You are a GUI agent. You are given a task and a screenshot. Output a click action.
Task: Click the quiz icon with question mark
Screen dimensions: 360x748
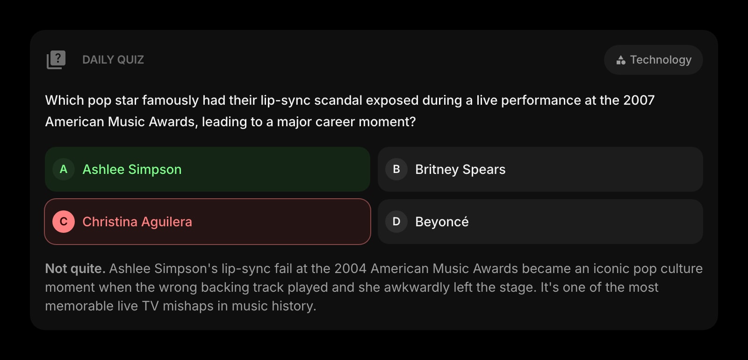coord(56,60)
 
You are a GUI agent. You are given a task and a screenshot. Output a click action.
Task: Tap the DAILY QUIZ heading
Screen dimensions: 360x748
coord(113,60)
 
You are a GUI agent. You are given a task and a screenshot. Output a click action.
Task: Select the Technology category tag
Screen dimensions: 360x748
coord(653,60)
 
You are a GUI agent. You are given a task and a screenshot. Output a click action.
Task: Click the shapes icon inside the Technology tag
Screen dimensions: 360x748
coord(621,60)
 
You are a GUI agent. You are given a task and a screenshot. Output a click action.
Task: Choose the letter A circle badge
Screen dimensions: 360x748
coord(64,169)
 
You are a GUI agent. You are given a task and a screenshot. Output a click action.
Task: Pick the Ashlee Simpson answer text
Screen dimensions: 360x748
coord(132,169)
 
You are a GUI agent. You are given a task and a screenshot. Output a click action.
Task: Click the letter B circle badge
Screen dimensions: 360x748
coord(396,169)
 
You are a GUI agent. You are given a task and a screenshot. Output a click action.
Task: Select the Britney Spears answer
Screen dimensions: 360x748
coord(460,169)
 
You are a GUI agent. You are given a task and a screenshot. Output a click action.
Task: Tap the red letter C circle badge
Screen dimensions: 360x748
coord(64,222)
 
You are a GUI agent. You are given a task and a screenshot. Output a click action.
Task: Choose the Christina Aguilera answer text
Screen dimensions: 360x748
coord(137,222)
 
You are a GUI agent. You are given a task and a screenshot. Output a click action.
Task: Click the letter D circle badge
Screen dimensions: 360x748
coord(396,222)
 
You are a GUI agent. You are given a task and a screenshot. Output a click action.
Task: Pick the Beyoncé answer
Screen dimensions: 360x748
coord(442,222)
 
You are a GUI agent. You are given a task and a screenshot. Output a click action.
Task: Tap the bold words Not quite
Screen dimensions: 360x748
coord(75,268)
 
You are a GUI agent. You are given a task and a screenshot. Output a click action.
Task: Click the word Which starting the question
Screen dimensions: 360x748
coord(65,100)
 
